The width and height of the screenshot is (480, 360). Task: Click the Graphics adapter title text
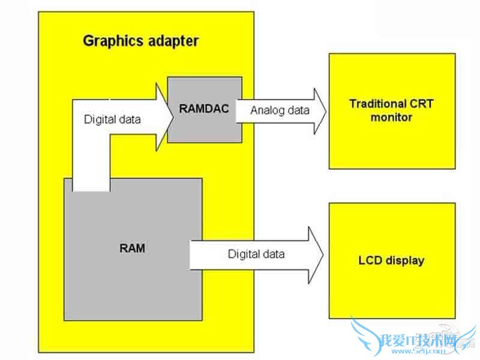140,41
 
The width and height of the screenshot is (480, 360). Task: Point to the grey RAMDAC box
204,129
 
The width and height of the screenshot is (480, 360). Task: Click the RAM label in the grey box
132,248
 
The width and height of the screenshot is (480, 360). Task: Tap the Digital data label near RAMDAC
112,119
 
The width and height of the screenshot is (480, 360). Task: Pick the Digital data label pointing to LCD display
256,254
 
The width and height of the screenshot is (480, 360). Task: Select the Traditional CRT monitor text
391,110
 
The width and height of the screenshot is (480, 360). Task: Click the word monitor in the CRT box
391,118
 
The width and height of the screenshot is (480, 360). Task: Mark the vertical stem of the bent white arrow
90,156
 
